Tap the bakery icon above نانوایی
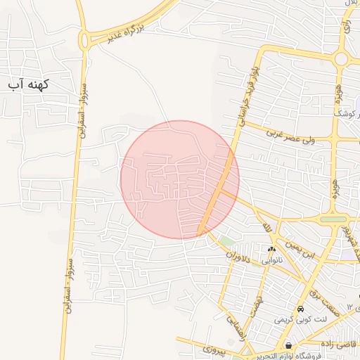271,248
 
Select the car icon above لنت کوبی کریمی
300,309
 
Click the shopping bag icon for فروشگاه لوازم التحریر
289,345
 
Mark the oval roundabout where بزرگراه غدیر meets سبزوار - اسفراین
86,40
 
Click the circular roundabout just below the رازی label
342,58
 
